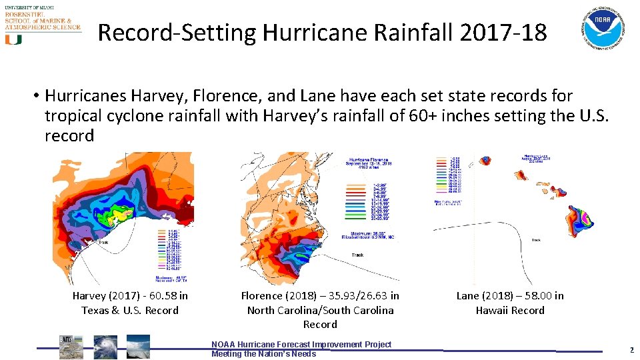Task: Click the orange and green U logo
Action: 13,39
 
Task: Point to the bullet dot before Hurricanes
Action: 34,96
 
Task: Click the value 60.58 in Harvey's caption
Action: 161,296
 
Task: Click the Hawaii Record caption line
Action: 510,311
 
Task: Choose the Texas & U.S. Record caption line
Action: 130,311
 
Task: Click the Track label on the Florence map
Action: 357,255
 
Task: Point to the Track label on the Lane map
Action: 536,240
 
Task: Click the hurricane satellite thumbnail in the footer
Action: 105,347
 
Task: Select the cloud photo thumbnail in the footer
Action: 138,347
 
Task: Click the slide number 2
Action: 631,350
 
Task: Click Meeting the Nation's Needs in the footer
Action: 263,354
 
